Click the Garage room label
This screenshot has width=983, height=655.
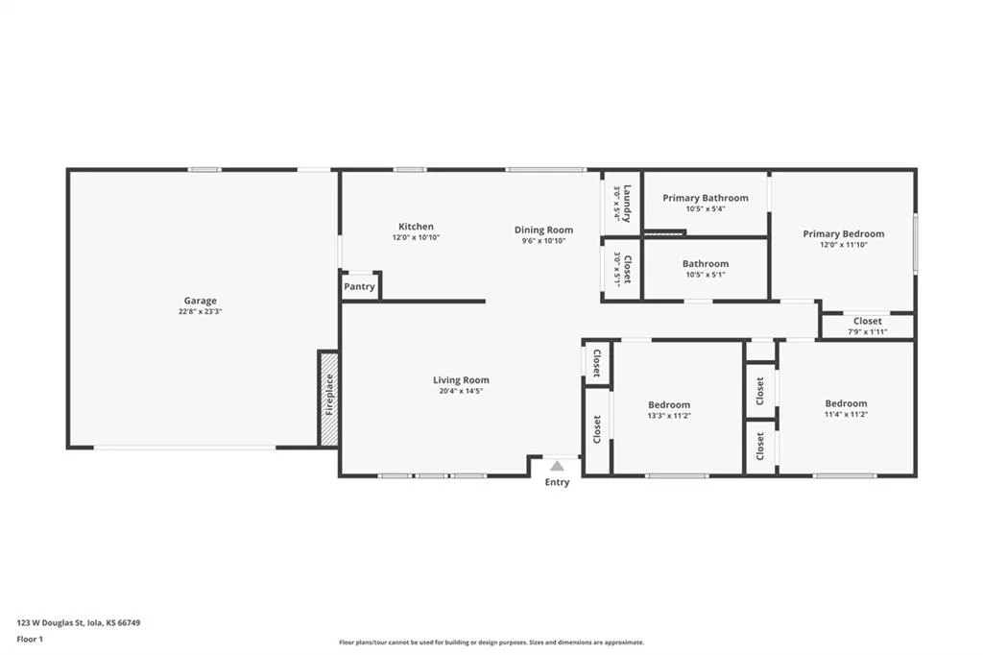(200, 301)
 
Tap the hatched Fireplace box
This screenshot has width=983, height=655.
(329, 399)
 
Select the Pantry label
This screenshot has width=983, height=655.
(359, 287)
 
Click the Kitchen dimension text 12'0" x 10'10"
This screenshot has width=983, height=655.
(417, 238)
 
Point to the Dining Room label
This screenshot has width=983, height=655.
(543, 230)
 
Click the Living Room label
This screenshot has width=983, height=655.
(461, 379)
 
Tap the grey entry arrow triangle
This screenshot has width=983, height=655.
(557, 466)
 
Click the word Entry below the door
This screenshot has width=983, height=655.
(557, 482)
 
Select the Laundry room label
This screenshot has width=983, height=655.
(627, 204)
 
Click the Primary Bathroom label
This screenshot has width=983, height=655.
(706, 198)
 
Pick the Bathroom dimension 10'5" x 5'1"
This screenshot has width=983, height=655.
(706, 275)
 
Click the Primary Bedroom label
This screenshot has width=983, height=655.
(844, 233)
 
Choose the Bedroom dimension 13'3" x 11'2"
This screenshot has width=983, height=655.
(669, 416)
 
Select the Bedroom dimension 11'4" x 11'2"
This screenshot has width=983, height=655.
(846, 415)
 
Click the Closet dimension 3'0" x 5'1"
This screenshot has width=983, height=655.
(617, 269)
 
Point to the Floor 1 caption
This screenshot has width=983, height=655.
(30, 640)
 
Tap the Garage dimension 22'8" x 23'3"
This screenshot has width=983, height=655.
(200, 312)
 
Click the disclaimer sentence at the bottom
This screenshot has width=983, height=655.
(491, 643)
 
